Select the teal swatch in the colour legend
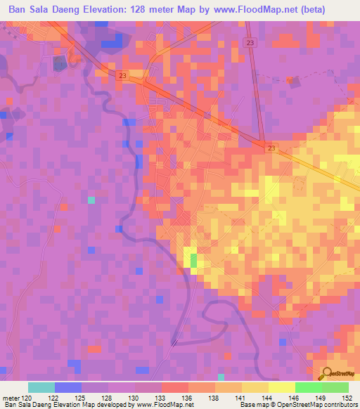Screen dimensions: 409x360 click(x=41, y=387)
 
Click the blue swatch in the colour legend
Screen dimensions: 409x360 click(x=68, y=387)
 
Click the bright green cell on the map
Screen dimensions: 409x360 click(x=194, y=261)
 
